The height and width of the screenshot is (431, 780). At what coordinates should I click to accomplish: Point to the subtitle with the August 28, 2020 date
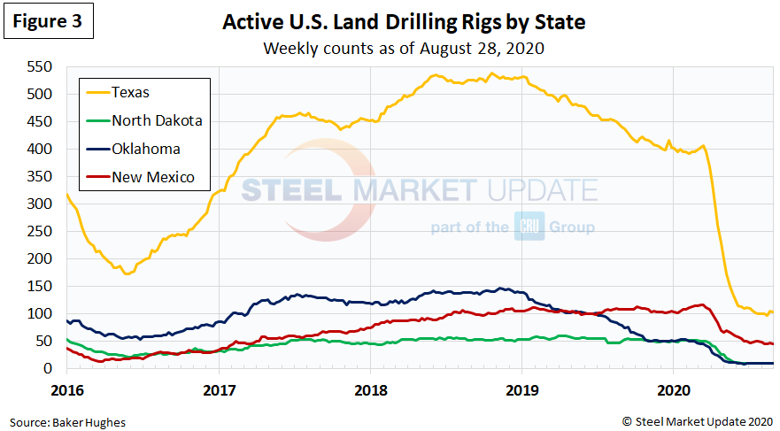(403, 48)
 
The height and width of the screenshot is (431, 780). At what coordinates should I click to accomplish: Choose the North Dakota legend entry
(157, 119)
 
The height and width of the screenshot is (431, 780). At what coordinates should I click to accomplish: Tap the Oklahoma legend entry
(146, 149)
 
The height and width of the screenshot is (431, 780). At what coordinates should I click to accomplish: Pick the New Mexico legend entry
(152, 177)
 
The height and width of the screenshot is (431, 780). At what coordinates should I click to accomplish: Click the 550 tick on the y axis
(40, 67)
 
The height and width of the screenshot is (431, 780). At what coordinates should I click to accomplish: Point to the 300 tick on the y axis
(40, 204)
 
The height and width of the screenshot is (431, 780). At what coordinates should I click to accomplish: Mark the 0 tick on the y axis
(49, 368)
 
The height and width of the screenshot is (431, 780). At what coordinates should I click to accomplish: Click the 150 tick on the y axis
(40, 286)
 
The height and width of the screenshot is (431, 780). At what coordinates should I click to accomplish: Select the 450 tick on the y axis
(40, 121)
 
